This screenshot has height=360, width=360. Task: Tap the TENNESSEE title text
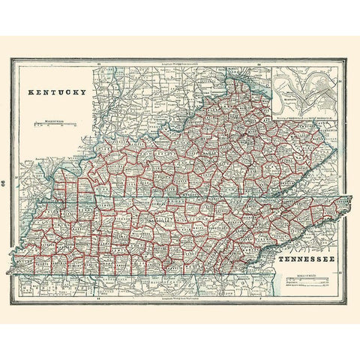[x=307, y=260]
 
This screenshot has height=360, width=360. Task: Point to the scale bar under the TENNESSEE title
[x=307, y=284]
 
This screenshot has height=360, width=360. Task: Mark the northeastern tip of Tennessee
[x=349, y=199]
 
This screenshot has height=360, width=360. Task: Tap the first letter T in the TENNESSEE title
[x=280, y=260]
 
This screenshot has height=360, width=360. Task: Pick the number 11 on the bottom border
[x=98, y=298]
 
